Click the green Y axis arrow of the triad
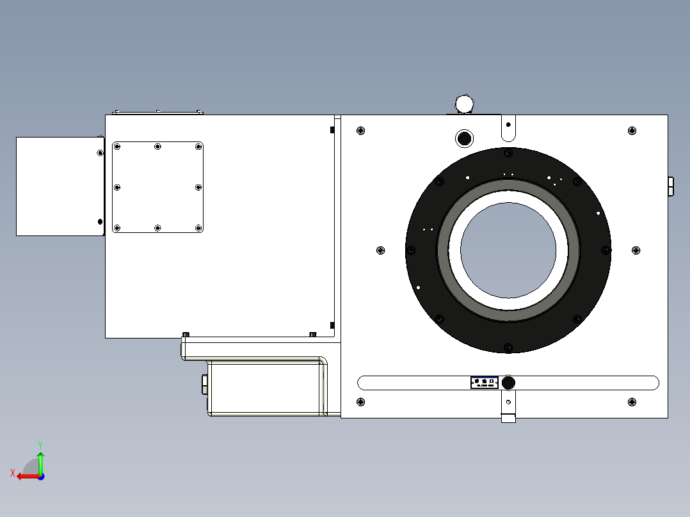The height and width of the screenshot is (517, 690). [40, 459]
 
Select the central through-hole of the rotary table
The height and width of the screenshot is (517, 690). [508, 250]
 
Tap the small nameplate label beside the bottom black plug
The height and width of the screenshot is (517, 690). [485, 383]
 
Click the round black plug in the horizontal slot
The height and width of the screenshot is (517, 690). [509, 383]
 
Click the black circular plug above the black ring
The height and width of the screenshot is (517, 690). [463, 138]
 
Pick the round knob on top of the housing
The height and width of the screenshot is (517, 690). [463, 103]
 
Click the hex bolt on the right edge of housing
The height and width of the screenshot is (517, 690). [670, 186]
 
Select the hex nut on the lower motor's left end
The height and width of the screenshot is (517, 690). [204, 385]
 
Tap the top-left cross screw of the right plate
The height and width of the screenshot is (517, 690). [361, 131]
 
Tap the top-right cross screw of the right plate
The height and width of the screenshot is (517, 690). [632, 131]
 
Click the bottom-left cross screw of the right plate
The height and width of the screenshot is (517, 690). [361, 402]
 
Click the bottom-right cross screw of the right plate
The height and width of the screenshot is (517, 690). [632, 402]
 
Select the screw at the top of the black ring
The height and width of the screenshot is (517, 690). [508, 153]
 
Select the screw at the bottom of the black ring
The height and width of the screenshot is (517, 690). [508, 347]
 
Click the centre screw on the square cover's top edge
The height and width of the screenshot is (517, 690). [157, 147]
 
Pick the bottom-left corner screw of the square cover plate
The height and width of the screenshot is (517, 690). [116, 228]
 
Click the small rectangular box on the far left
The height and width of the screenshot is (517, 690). [60, 186]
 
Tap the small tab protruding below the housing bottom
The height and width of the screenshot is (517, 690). [508, 418]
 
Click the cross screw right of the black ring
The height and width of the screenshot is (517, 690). [636, 250]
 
